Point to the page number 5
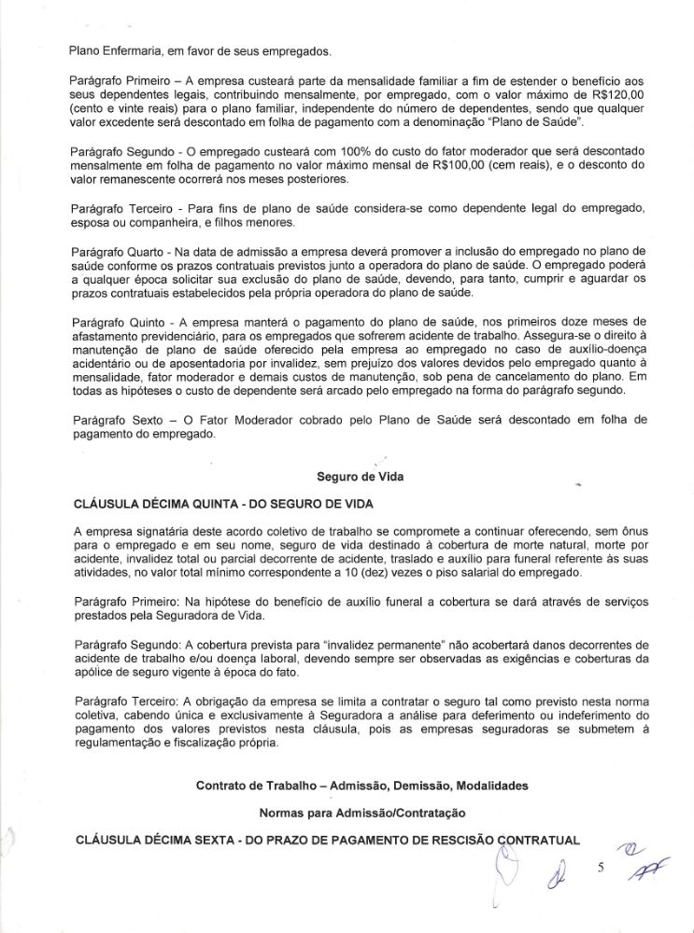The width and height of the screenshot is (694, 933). [x=602, y=867]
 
